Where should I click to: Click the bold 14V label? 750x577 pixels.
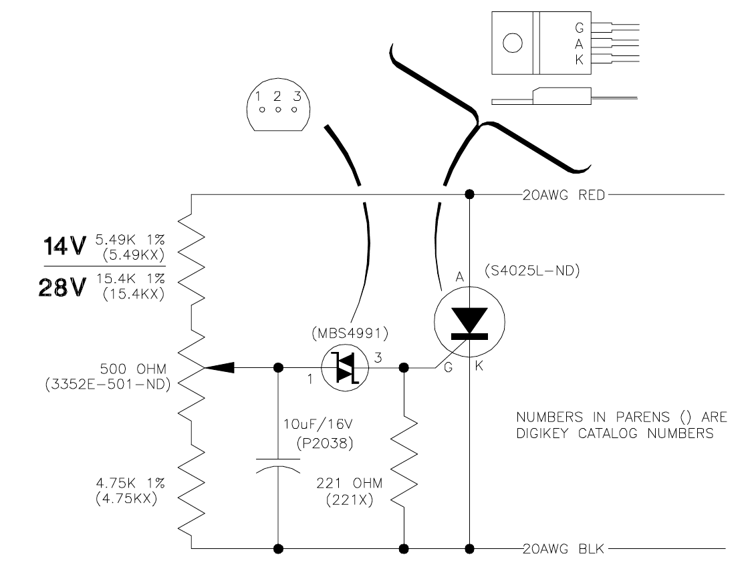pyautogui.click(x=65, y=246)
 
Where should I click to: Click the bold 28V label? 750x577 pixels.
pyautogui.click(x=63, y=288)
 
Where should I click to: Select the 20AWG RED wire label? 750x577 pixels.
pyautogui.click(x=564, y=195)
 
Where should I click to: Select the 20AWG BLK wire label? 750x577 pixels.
pyautogui.click(x=564, y=549)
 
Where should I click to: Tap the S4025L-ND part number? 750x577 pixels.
pyautogui.click(x=532, y=270)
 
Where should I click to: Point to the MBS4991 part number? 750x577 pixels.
pyautogui.click(x=350, y=333)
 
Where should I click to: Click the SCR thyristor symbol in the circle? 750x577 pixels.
pyautogui.click(x=469, y=321)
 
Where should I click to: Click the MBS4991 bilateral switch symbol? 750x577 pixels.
pyautogui.click(x=344, y=367)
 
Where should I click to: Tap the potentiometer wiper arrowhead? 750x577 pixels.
pyautogui.click(x=219, y=367)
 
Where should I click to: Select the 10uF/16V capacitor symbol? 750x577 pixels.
pyautogui.click(x=278, y=465)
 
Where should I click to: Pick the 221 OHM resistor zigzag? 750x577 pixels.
pyautogui.click(x=404, y=462)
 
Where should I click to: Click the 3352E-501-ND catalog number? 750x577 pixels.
pyautogui.click(x=108, y=385)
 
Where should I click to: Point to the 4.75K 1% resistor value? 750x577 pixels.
pyautogui.click(x=130, y=484)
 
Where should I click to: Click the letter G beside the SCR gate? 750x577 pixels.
pyautogui.click(x=448, y=367)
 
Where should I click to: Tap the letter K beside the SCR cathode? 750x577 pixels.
pyautogui.click(x=479, y=366)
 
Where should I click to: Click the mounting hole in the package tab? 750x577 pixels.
pyautogui.click(x=512, y=43)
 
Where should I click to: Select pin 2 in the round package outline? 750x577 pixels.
pyautogui.click(x=277, y=110)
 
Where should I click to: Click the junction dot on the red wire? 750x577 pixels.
pyautogui.click(x=470, y=194)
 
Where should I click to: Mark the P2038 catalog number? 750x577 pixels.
pyautogui.click(x=326, y=443)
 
